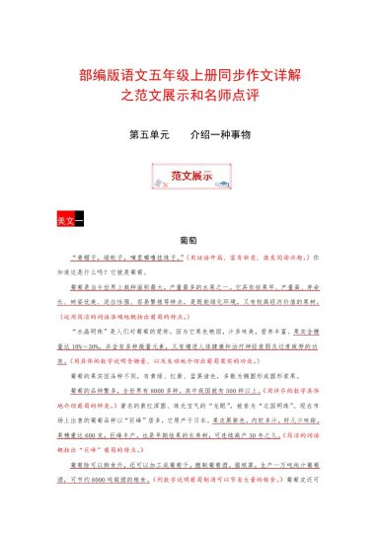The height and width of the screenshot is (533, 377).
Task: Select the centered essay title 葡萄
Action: (188, 240)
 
